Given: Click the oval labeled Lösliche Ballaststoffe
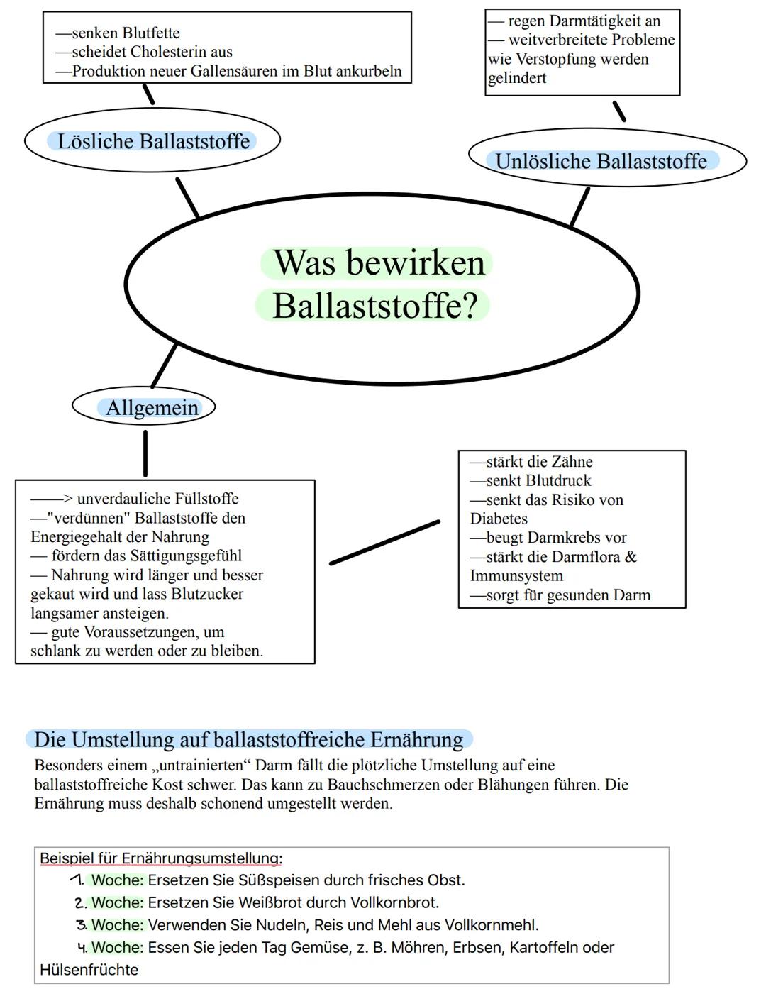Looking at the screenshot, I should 152,140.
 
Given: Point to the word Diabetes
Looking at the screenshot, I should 499,519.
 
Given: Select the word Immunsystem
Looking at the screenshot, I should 516,576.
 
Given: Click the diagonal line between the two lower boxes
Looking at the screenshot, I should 384,543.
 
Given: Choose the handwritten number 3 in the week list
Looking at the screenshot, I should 82,925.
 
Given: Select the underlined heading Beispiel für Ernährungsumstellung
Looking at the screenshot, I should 160,858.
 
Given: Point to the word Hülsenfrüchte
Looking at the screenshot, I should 89,970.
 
